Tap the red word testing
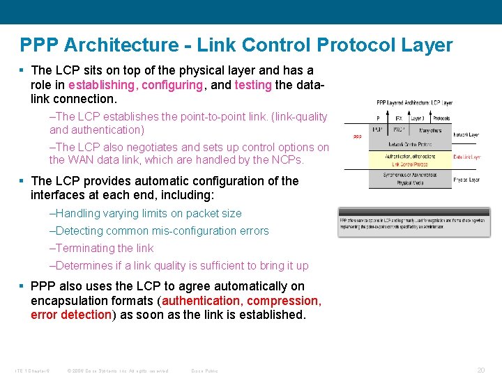coord(253,85)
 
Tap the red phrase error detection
coord(71,315)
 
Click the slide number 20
coord(480,370)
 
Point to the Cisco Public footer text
coord(204,370)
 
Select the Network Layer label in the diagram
coord(466,134)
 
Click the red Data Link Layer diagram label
coord(466,157)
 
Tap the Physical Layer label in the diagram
coord(466,180)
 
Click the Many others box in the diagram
coord(430,130)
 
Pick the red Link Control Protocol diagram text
coord(410,164)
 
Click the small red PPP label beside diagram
coord(357,136)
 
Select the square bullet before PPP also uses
coord(22,286)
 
